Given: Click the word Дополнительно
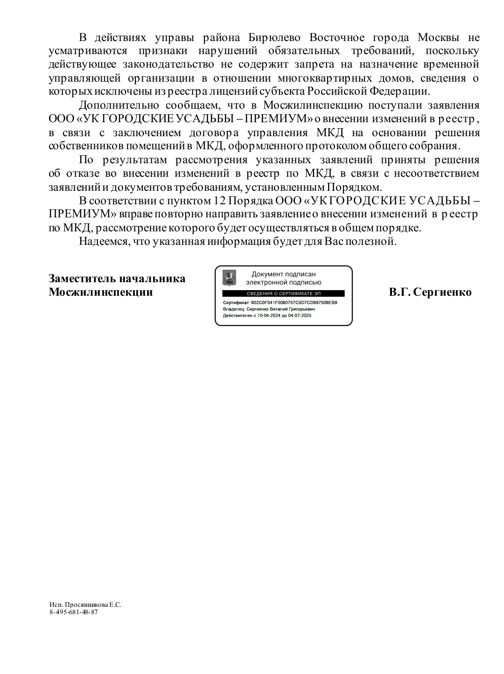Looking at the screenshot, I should click(x=118, y=105).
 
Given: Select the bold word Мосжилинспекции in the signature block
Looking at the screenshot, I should click(x=101, y=292).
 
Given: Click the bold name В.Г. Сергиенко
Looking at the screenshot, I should click(x=430, y=292).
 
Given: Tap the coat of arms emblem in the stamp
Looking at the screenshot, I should click(x=229, y=278).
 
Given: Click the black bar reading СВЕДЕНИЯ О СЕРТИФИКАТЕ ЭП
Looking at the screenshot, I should click(x=283, y=293).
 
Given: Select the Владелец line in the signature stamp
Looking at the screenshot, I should click(x=269, y=309).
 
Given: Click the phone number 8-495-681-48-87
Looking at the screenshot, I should click(x=73, y=612).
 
